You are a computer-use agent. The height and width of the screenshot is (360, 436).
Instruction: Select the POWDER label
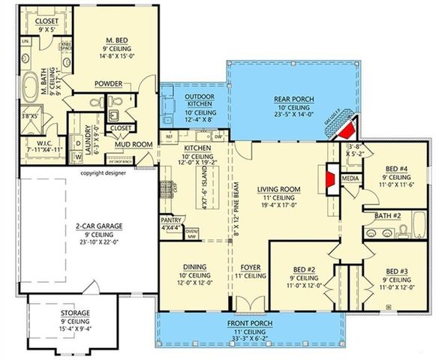coord(108,84)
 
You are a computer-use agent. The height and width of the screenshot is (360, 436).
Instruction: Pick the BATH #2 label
coord(389,216)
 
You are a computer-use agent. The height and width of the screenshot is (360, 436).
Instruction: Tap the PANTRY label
coord(171,220)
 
